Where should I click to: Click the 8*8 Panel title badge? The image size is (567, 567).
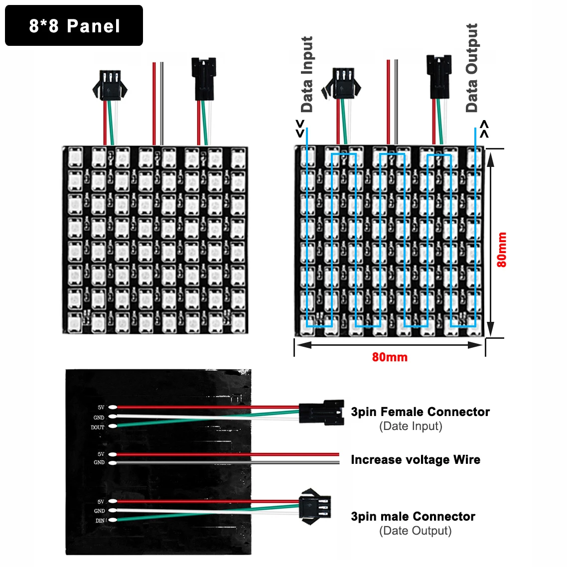point(74,26)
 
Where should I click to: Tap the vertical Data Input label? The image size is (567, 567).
point(307,75)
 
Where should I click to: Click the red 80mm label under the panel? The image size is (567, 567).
point(390,357)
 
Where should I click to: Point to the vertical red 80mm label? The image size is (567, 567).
point(501,250)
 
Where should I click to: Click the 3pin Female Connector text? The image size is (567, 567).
point(420,412)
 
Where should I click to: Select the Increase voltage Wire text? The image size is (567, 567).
point(416,459)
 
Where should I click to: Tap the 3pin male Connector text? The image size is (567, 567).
point(413,516)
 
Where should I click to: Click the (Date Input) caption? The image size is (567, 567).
point(411,426)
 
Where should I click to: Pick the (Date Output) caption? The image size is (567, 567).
point(415,531)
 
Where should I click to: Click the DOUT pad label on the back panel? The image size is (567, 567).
point(98,427)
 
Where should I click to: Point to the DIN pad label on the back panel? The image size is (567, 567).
point(100,521)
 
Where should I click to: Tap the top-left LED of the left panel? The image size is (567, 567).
point(75,158)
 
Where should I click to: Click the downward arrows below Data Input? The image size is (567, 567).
point(300,128)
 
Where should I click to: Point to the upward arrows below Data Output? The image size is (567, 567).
point(484,129)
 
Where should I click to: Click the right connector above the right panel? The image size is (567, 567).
point(438,77)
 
